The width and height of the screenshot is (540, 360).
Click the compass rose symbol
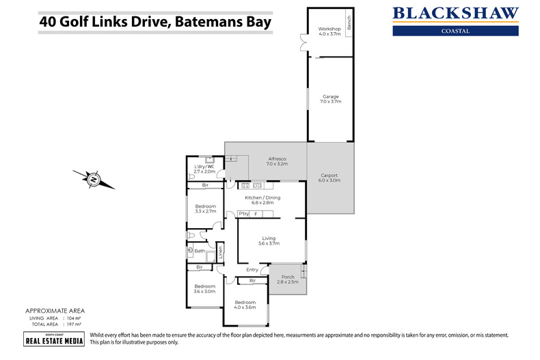[x=94, y=179]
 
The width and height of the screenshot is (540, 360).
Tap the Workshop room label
[x=329, y=31]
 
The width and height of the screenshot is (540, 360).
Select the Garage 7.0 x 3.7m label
[x=331, y=99]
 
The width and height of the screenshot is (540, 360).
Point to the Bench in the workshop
[x=349, y=25]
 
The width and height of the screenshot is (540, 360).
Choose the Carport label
[x=330, y=178]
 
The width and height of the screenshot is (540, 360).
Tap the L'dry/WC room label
[x=204, y=169]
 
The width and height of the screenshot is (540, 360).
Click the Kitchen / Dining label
[x=263, y=200]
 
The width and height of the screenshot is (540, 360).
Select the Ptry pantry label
[x=243, y=214]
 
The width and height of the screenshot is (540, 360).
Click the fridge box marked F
[x=256, y=214]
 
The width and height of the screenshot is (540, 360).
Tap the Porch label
[x=288, y=278]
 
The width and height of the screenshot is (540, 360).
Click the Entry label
[x=253, y=270]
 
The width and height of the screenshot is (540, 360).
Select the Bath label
[x=200, y=251]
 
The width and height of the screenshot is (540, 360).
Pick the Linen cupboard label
[x=220, y=252]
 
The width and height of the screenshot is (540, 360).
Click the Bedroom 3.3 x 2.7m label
[x=205, y=209]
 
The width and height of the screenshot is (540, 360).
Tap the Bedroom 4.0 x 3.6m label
[x=245, y=305]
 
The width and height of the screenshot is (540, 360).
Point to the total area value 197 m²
[x=73, y=324]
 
